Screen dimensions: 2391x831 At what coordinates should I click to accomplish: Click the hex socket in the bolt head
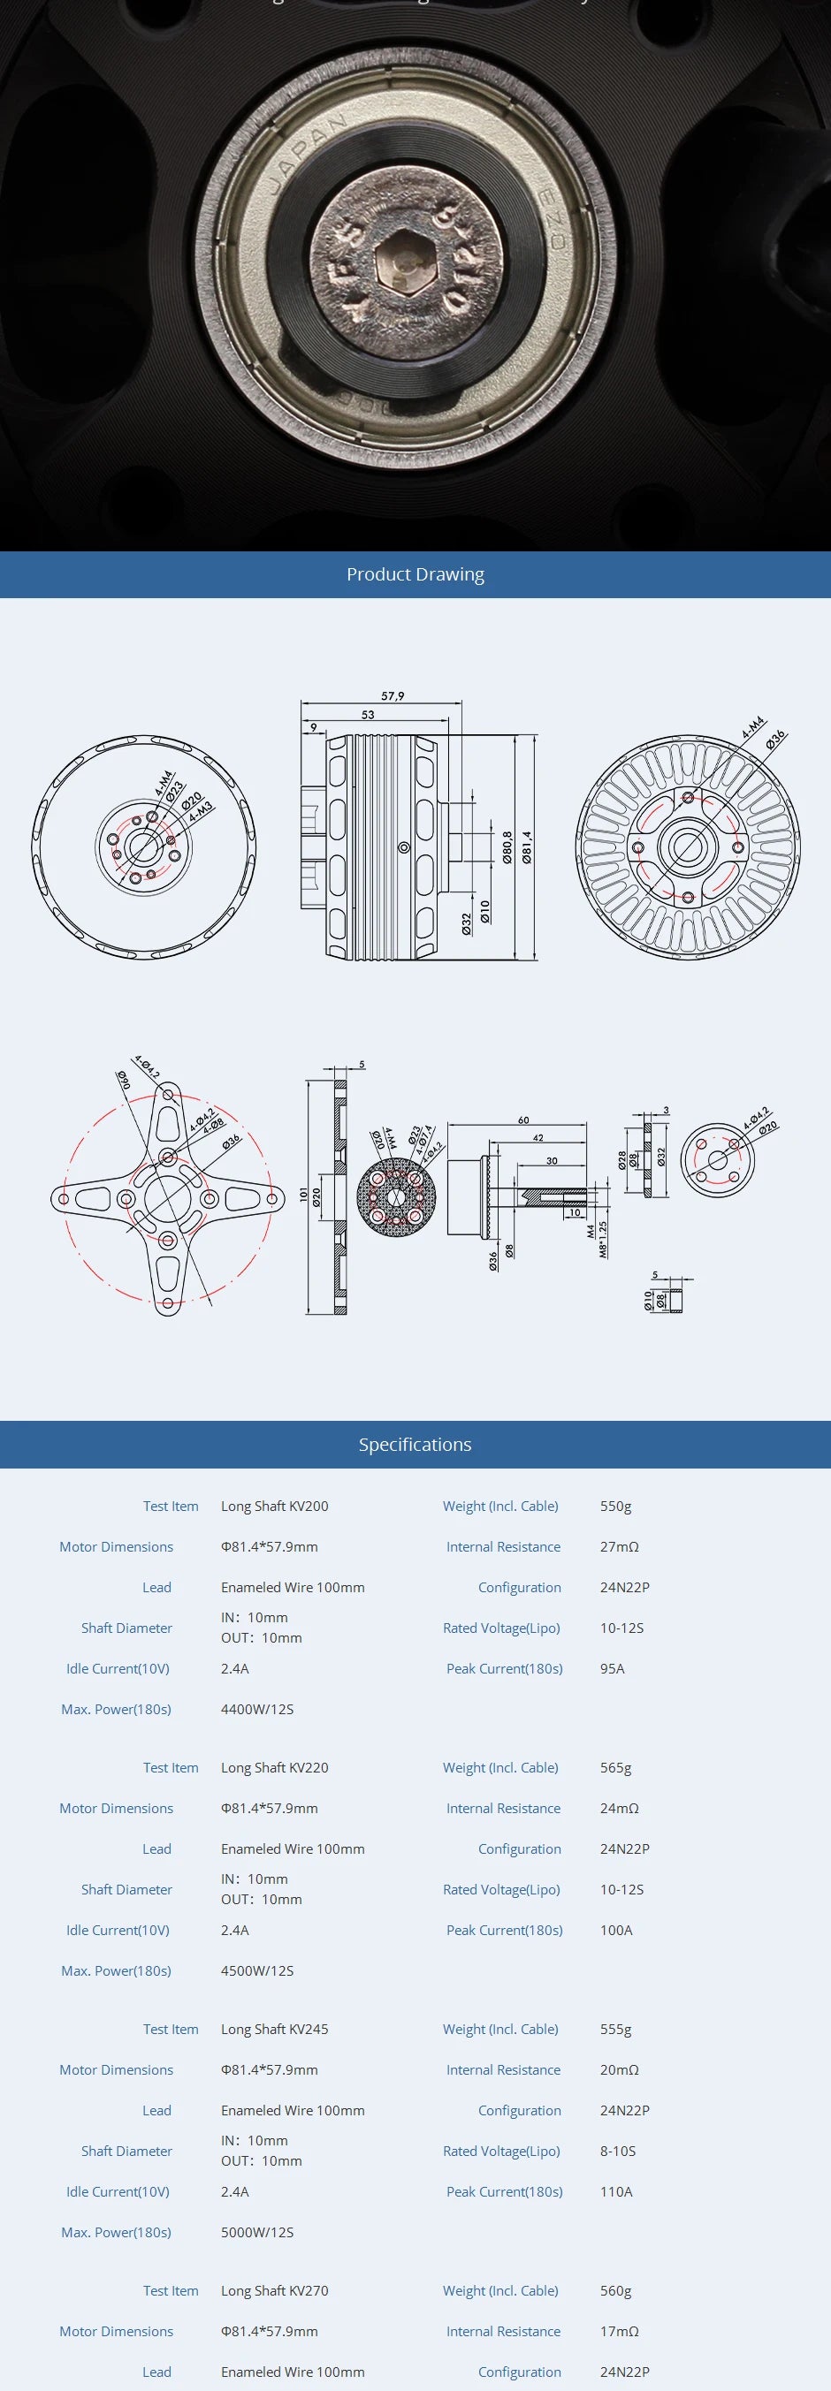[407, 263]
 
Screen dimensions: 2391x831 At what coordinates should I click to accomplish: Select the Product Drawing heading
[415, 574]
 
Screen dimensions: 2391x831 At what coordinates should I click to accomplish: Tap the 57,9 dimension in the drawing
[393, 696]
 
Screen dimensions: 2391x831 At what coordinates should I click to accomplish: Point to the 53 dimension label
[369, 715]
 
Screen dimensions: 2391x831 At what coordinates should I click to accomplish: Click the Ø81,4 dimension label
[527, 846]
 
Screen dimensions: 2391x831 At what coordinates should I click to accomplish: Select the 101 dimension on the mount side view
[303, 1195]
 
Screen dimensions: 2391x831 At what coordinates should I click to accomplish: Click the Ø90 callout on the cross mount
[124, 1081]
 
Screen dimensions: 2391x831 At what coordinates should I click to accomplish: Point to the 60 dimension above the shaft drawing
[523, 1120]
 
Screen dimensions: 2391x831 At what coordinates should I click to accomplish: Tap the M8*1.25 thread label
[603, 1239]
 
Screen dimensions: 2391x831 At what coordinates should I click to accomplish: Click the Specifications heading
[415, 1445]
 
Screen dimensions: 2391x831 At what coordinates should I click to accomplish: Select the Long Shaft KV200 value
[275, 1507]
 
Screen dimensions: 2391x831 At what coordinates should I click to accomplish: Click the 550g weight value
[615, 1507]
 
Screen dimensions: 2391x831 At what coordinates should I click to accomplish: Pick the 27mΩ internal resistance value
[620, 1547]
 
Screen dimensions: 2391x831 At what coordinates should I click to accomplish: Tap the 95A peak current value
[612, 1669]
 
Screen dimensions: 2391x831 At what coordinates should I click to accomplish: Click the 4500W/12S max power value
[257, 1970]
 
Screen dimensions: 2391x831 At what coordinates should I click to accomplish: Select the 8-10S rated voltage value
[617, 2151]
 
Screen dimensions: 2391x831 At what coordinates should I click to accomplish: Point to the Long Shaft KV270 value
[275, 2291]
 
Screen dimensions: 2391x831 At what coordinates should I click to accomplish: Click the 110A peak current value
[615, 2191]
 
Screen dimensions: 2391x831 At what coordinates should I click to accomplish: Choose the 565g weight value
[615, 1768]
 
